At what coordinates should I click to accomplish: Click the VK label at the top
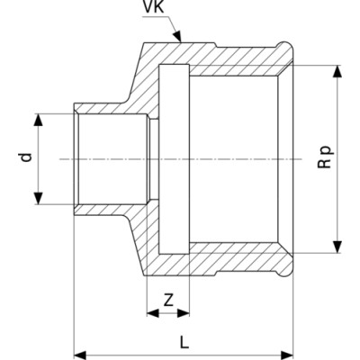[x=153, y=6]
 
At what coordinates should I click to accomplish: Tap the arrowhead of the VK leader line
[x=178, y=36]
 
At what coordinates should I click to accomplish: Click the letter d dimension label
[x=27, y=157]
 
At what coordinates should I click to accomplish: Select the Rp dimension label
[x=325, y=157]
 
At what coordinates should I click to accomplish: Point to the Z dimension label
[x=168, y=300]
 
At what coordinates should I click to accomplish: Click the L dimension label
[x=184, y=342]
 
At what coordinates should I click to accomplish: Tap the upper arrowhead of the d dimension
[x=38, y=120]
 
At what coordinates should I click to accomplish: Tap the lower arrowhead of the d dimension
[x=38, y=198]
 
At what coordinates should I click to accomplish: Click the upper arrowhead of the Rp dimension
[x=337, y=71]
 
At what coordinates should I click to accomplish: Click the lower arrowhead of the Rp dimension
[x=337, y=247]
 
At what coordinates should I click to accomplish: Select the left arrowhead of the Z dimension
[x=153, y=313]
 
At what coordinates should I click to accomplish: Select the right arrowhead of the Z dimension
[x=184, y=313]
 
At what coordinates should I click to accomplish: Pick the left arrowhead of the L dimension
[x=80, y=355]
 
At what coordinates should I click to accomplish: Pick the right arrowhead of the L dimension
[x=286, y=355]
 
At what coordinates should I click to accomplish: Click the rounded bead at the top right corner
[x=285, y=49]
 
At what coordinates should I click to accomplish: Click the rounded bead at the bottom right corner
[x=285, y=268]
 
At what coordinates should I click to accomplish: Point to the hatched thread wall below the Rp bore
[x=234, y=248]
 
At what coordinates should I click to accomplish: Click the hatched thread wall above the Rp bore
[x=234, y=70]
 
